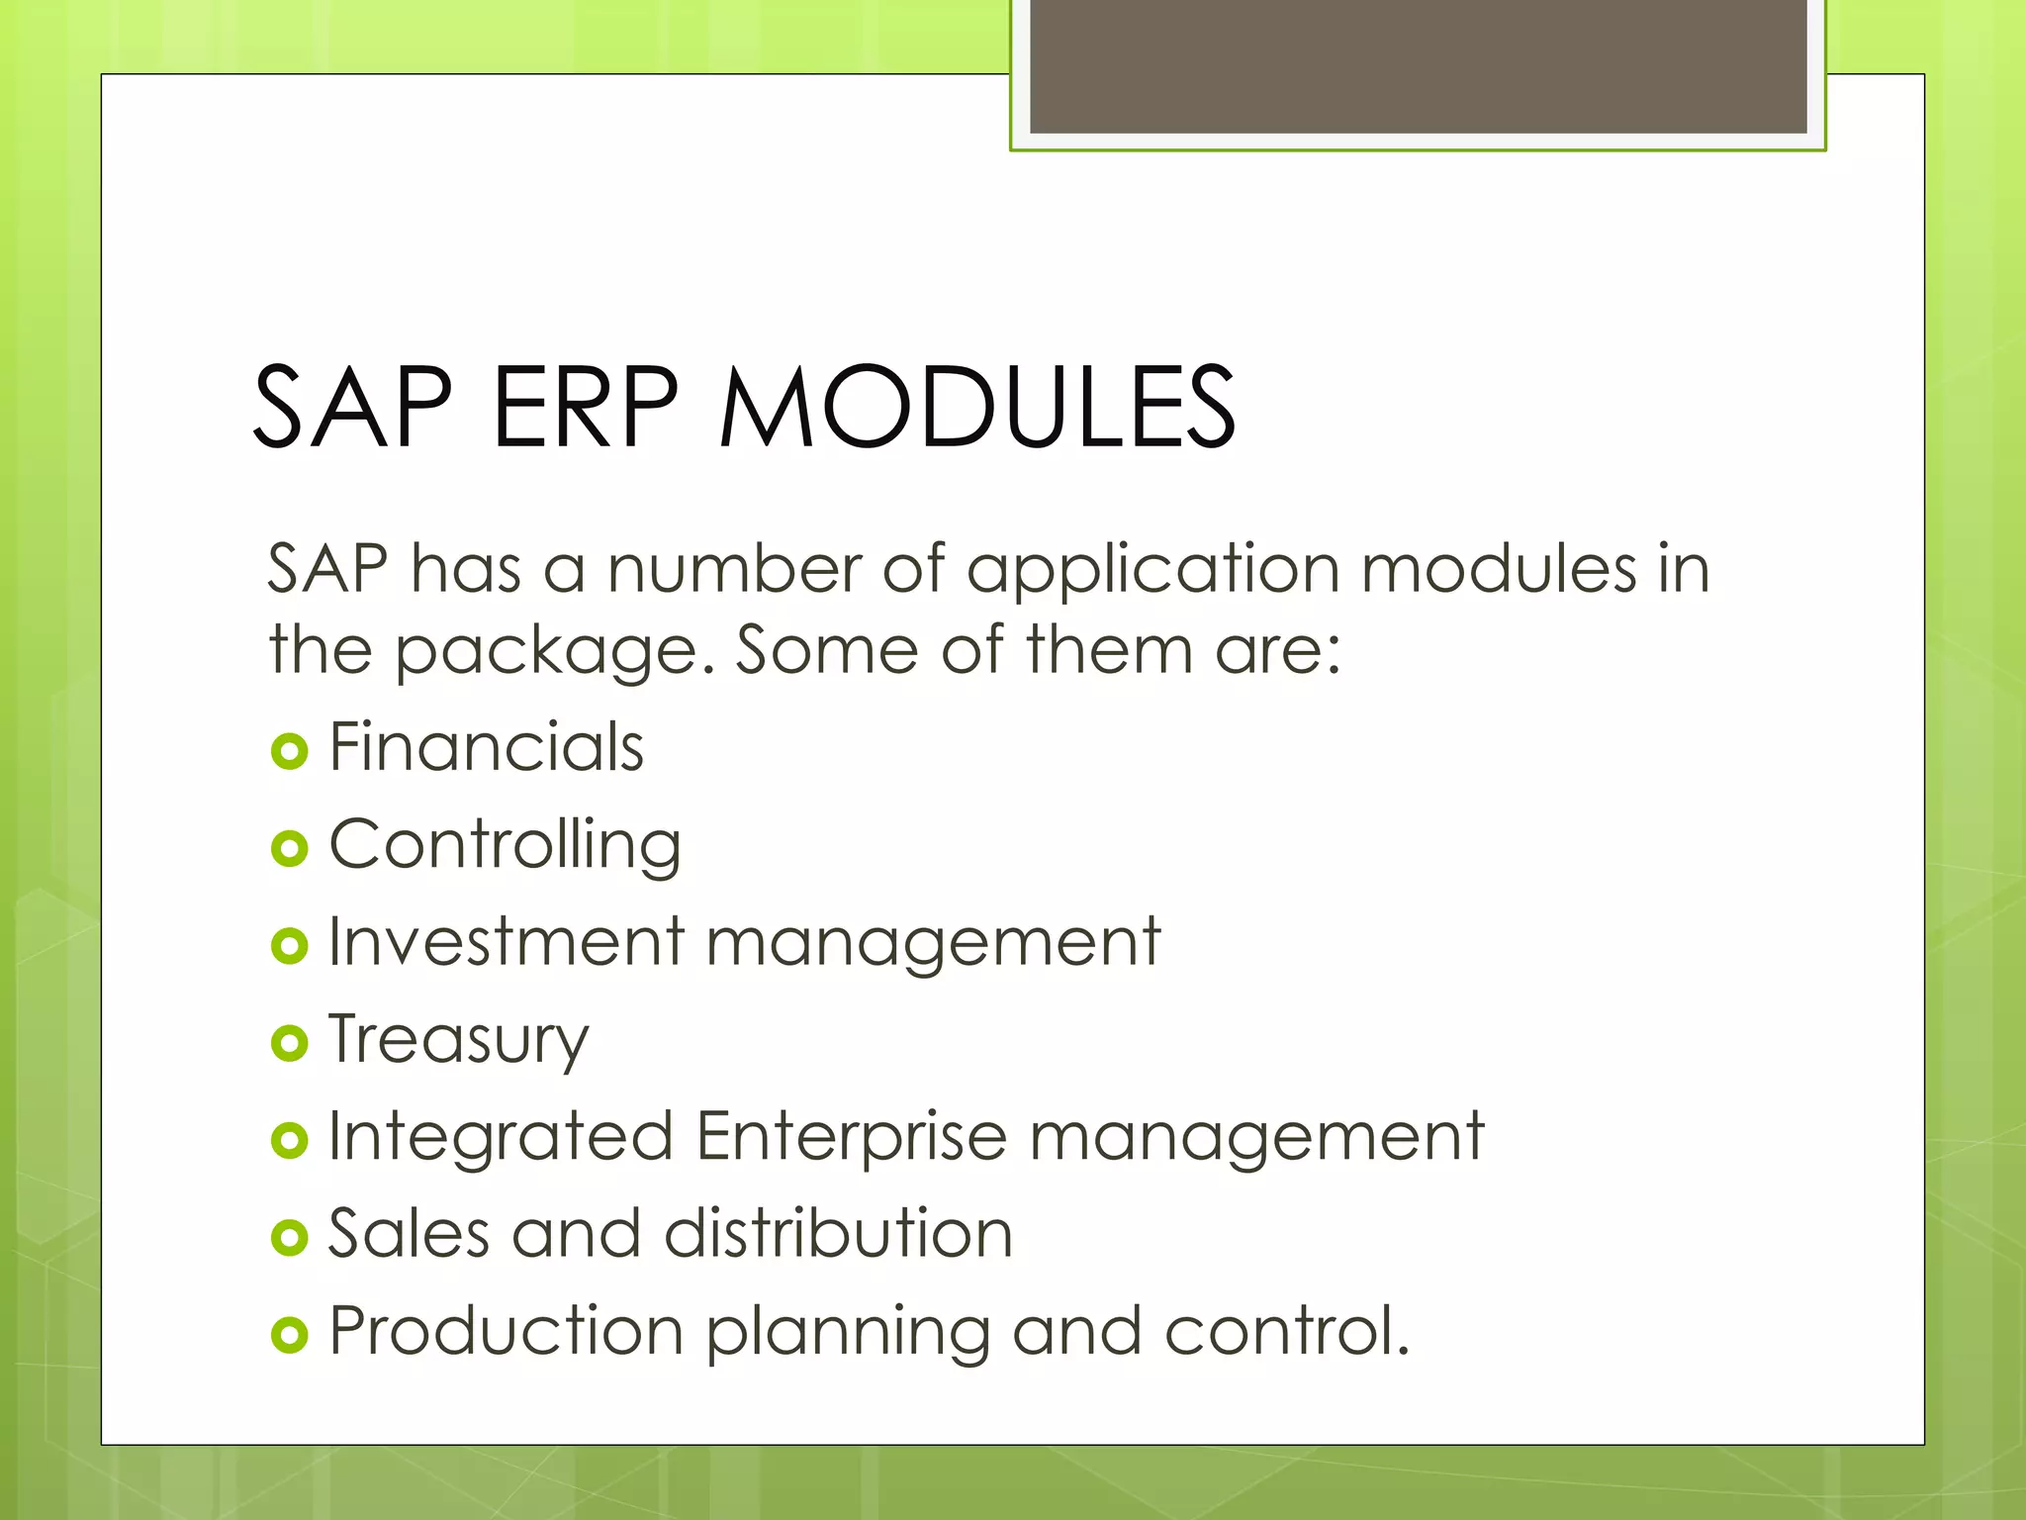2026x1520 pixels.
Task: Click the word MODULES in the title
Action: pyautogui.click(x=977, y=408)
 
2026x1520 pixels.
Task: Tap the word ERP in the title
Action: pyautogui.click(x=586, y=408)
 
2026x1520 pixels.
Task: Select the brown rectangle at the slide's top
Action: pyautogui.click(x=1418, y=65)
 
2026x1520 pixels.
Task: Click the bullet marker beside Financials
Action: pyautogui.click(x=289, y=752)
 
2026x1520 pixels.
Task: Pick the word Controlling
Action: pyautogui.click(x=505, y=847)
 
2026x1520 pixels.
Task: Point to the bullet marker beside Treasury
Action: pyautogui.click(x=289, y=1043)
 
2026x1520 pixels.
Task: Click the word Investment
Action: pyautogui.click(x=506, y=941)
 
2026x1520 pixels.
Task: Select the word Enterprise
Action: pyautogui.click(x=851, y=1136)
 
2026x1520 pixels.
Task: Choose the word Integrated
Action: pyautogui.click(x=501, y=1136)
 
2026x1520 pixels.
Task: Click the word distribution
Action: pyautogui.click(x=839, y=1234)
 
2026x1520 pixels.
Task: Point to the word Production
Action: pyautogui.click(x=506, y=1331)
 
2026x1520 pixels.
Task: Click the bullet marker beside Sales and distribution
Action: pyautogui.click(x=289, y=1237)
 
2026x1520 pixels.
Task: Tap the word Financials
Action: pyautogui.click(x=486, y=747)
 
